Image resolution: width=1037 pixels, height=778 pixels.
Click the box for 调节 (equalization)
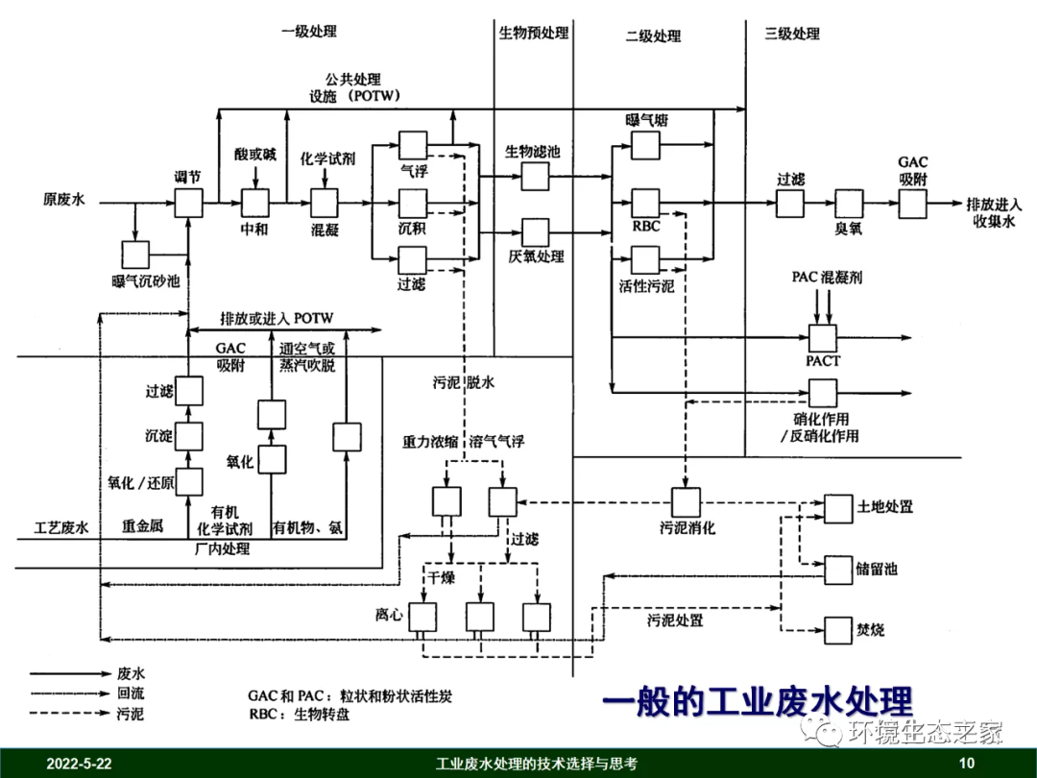tap(188, 203)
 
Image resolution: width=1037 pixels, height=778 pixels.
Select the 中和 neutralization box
tap(254, 203)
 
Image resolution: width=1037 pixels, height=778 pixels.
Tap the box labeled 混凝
tap(324, 203)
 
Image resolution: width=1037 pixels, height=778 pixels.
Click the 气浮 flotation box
tap(413, 145)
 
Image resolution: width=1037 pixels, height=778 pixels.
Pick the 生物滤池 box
tap(535, 176)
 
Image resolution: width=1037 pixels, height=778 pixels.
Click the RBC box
tap(645, 203)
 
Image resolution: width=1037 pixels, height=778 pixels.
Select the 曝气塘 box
tap(645, 146)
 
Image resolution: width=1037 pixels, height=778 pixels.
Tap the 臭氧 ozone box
tap(849, 203)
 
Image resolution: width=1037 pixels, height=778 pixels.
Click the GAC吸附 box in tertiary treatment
tap(912, 203)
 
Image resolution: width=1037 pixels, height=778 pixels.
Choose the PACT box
tap(822, 338)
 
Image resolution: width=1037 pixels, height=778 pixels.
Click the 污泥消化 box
tap(686, 501)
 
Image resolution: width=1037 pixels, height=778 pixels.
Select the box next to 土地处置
tap(838, 508)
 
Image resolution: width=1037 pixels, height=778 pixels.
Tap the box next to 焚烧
tap(838, 631)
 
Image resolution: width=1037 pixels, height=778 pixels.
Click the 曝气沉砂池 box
tap(135, 254)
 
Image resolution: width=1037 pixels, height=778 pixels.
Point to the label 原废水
tap(64, 201)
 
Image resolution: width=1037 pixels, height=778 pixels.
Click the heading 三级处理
tap(792, 34)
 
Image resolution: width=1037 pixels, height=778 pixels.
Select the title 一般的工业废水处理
tap(757, 701)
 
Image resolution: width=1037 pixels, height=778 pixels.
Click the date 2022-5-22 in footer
tap(80, 765)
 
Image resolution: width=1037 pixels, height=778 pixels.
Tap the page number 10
tap(967, 765)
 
